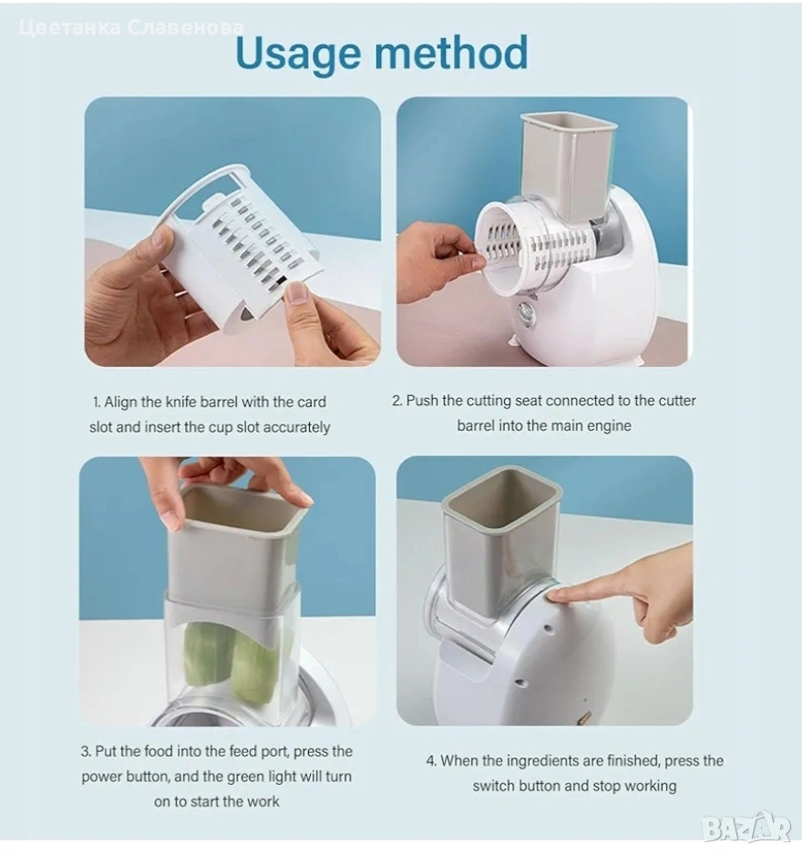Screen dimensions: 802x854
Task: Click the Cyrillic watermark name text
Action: [x=131, y=27]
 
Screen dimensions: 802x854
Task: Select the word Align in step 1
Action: [x=120, y=402]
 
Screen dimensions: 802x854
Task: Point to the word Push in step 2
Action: [x=423, y=401]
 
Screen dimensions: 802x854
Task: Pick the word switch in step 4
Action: [x=493, y=786]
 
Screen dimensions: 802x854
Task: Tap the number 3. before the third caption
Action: [x=87, y=752]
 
